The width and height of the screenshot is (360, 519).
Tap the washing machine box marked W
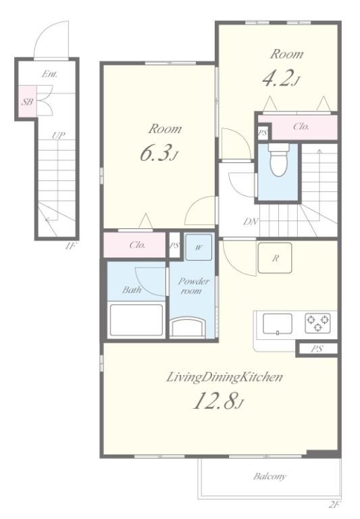tap(199, 247)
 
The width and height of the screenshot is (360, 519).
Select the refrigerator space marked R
tap(275, 258)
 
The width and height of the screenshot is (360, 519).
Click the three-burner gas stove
tap(317, 323)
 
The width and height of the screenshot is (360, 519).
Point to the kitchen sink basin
tap(278, 324)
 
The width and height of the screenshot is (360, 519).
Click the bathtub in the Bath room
tap(136, 320)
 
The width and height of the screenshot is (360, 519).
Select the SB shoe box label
tap(28, 101)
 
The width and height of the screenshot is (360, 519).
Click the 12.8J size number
tap(219, 401)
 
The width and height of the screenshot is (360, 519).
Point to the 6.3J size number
tap(159, 153)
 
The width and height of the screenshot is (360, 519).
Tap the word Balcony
tap(269, 476)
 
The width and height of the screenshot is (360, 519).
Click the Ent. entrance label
tap(49, 74)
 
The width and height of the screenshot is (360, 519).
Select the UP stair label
tap(58, 135)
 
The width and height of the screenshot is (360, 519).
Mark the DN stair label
tap(251, 222)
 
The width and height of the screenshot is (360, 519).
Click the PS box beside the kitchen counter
tap(317, 349)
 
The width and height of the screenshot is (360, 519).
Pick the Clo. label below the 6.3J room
tap(137, 245)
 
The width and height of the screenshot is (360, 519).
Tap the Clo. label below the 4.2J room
tap(301, 126)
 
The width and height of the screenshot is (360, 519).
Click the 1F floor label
tap(70, 246)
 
